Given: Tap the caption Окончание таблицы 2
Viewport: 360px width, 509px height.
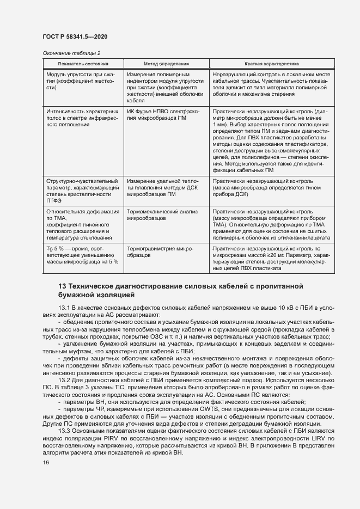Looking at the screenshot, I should [71, 53].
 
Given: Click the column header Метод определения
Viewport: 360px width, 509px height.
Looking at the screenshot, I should [166, 64].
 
